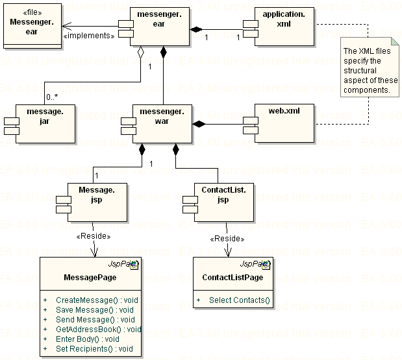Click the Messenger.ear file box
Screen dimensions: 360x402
tap(32, 27)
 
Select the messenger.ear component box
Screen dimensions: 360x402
tap(160, 27)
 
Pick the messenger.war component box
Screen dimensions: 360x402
tap(162, 123)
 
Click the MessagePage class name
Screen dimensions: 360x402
tap(90, 278)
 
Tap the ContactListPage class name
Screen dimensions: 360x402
tap(232, 278)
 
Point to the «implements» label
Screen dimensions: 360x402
tap(89, 36)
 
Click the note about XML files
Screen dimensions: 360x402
tap(371, 70)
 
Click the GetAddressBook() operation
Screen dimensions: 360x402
tap(98, 329)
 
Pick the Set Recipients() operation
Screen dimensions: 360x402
tap(94, 348)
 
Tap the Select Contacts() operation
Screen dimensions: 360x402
tap(238, 300)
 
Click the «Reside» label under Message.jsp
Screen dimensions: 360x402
tap(94, 237)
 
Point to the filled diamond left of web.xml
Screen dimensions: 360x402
tap(199, 123)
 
